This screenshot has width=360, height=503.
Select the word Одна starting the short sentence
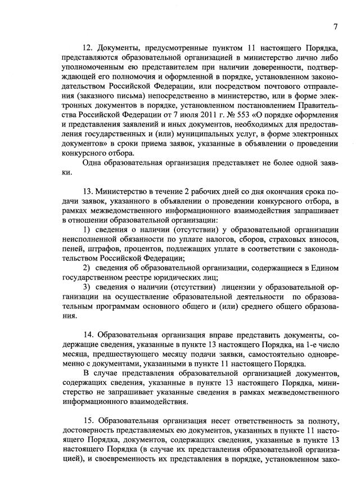point(93,162)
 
